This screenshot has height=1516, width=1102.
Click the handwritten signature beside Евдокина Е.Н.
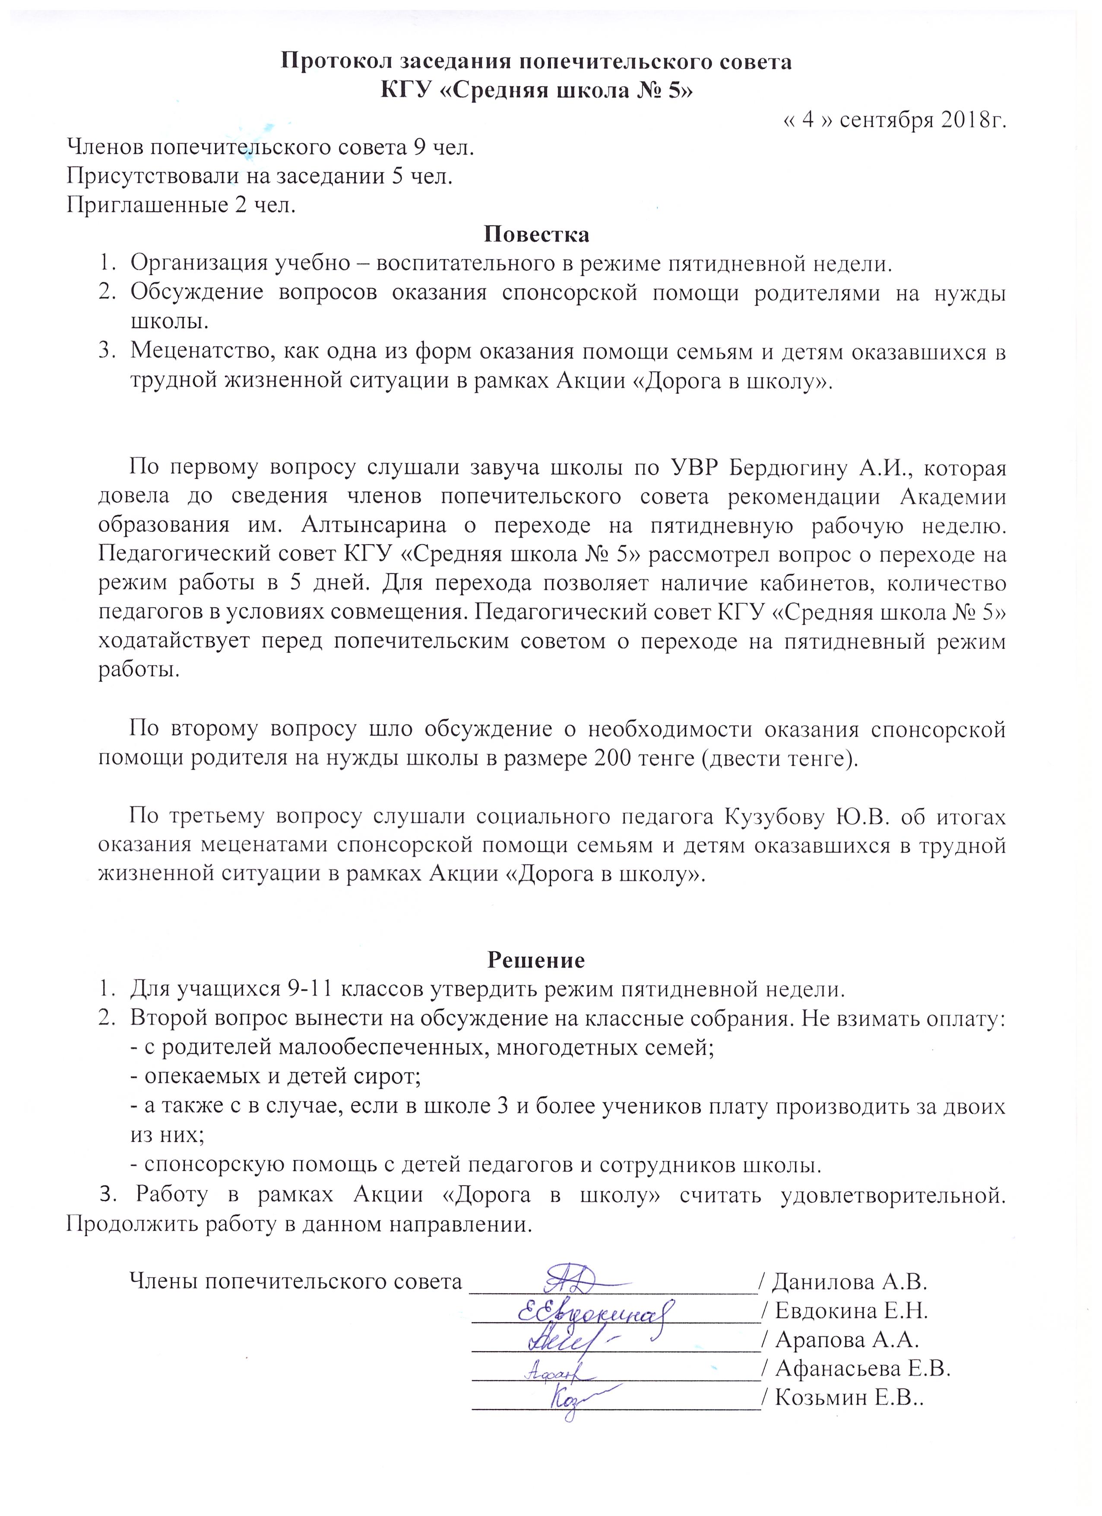595,1311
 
